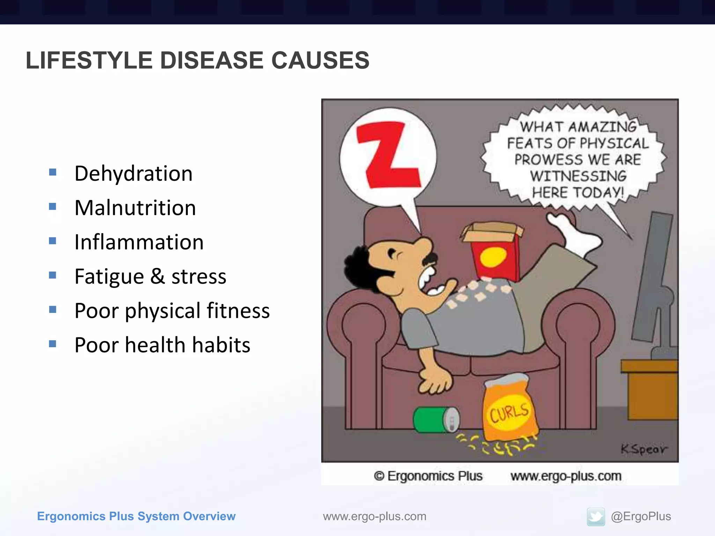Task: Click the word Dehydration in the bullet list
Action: [x=133, y=173]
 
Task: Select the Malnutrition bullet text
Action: [x=135, y=208]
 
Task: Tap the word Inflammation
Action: [x=139, y=242]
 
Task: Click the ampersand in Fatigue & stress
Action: [x=157, y=276]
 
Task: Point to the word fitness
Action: [x=238, y=311]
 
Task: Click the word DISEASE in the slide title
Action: [x=212, y=60]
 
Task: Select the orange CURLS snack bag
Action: [x=510, y=408]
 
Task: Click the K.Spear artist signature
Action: [x=643, y=449]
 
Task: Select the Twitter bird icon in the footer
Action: [x=596, y=516]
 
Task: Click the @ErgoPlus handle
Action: [x=641, y=516]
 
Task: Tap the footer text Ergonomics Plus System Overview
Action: [x=136, y=516]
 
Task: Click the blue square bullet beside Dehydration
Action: [x=53, y=172]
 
